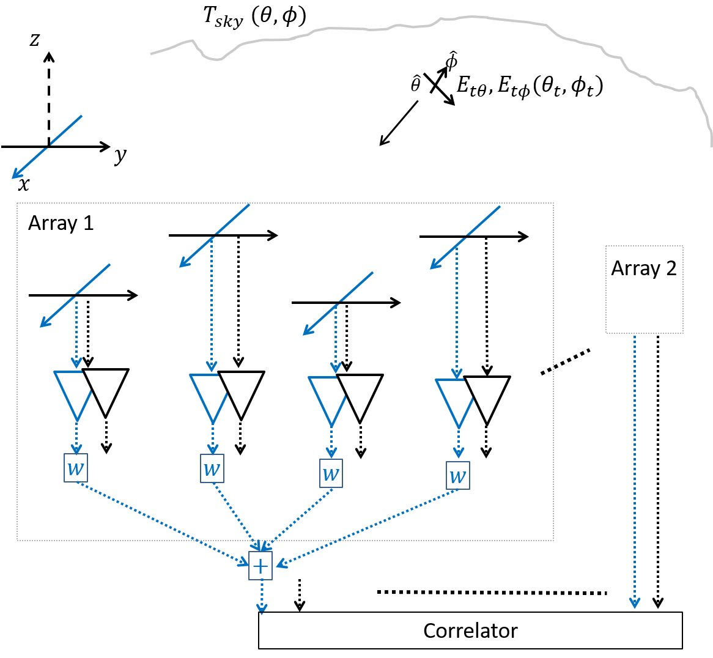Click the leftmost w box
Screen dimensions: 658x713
[x=76, y=468]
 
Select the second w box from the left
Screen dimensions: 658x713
[x=212, y=468]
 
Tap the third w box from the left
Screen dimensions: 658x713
[x=331, y=473]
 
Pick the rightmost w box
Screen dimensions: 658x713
[x=458, y=475]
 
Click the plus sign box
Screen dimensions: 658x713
[x=260, y=566]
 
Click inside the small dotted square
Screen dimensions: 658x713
[x=644, y=289]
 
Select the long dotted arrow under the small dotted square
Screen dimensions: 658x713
[x=635, y=471]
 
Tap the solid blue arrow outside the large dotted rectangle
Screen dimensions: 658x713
[x=46, y=147]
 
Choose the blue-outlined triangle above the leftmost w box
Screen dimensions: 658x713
[x=74, y=391]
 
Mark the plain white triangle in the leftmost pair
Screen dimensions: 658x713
[x=106, y=388]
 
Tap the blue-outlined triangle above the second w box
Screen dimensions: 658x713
[x=210, y=394]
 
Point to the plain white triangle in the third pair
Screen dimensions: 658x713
[x=361, y=393]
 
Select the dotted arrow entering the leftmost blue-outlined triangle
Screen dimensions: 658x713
[x=76, y=333]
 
